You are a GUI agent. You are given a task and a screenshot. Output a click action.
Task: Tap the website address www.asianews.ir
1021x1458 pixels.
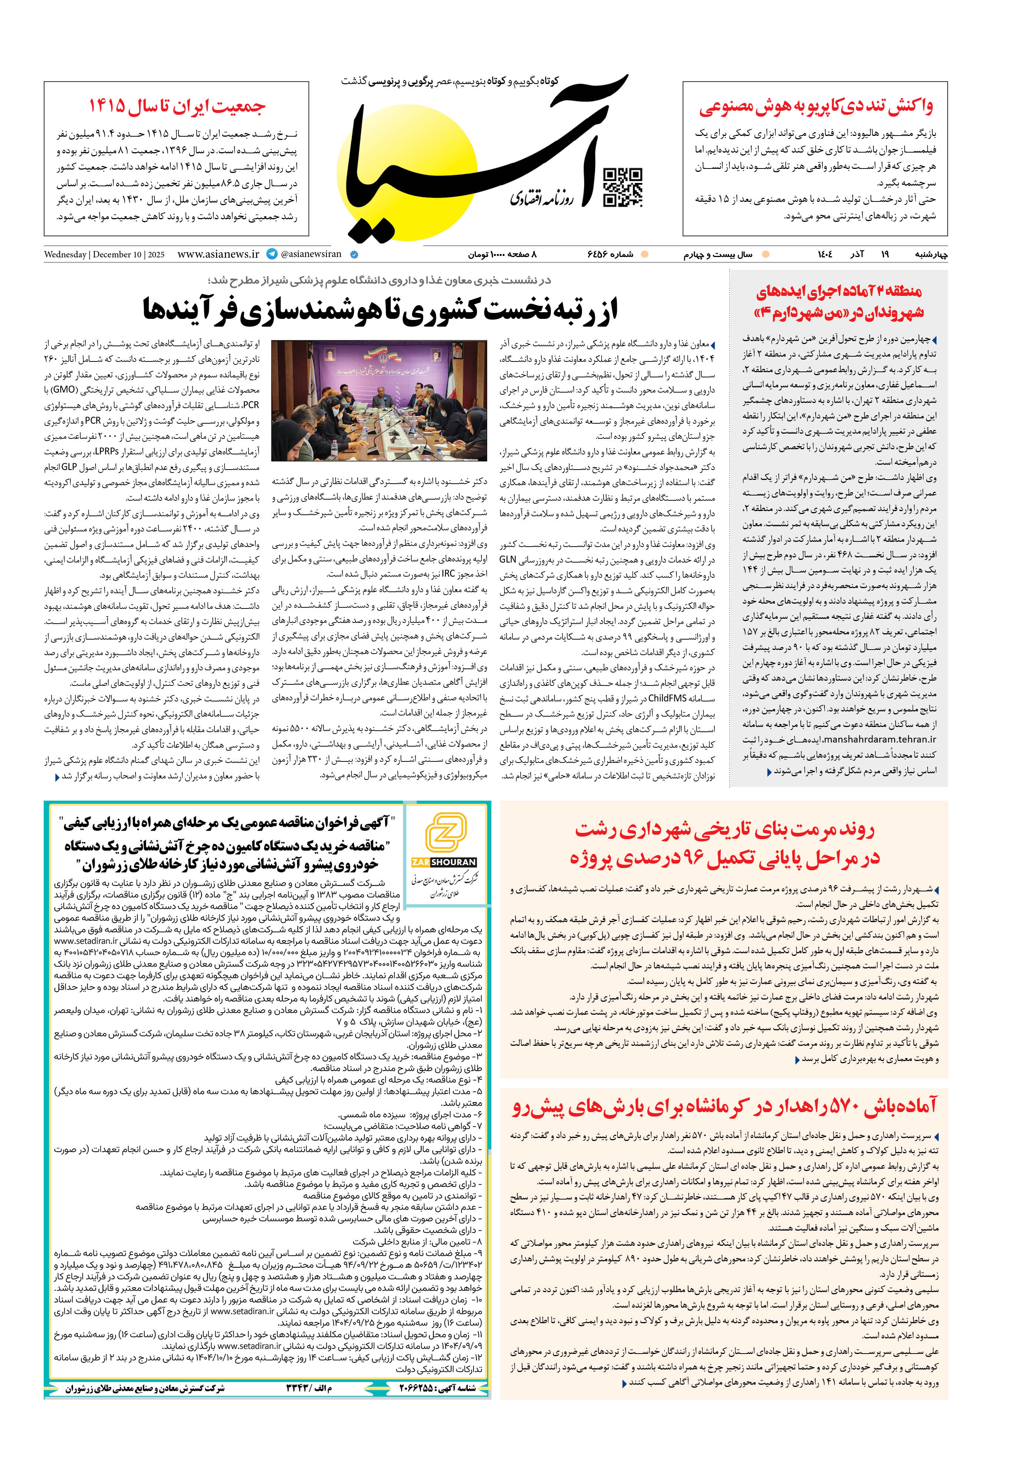pyautogui.click(x=218, y=254)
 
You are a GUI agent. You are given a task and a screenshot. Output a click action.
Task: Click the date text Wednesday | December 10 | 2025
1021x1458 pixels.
pyautogui.click(x=104, y=255)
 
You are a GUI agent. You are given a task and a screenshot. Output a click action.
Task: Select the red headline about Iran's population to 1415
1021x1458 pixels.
pyautogui.click(x=177, y=106)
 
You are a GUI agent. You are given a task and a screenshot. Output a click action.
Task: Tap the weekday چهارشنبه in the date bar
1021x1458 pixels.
pyautogui.click(x=931, y=255)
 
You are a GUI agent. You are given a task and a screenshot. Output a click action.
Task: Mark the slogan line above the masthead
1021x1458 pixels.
pyautogui.click(x=450, y=81)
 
